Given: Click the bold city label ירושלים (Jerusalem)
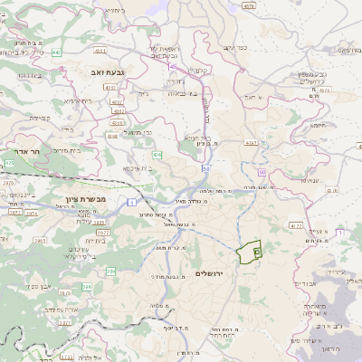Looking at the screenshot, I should (x=209, y=272).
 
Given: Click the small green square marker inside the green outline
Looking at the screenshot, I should (x=256, y=252).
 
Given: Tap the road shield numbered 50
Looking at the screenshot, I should (x=206, y=168).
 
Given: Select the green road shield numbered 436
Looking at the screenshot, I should (x=157, y=155).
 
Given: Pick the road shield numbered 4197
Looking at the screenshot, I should (x=251, y=142).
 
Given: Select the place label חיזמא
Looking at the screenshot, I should (x=316, y=126).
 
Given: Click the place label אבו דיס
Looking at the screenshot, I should (x=306, y=282).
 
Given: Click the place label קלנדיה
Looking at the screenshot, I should (x=201, y=69).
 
